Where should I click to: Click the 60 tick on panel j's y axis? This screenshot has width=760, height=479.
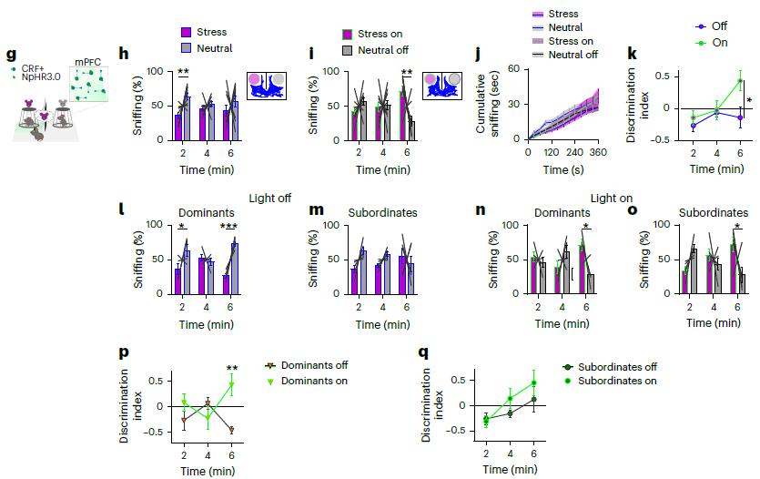coord(515,69)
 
